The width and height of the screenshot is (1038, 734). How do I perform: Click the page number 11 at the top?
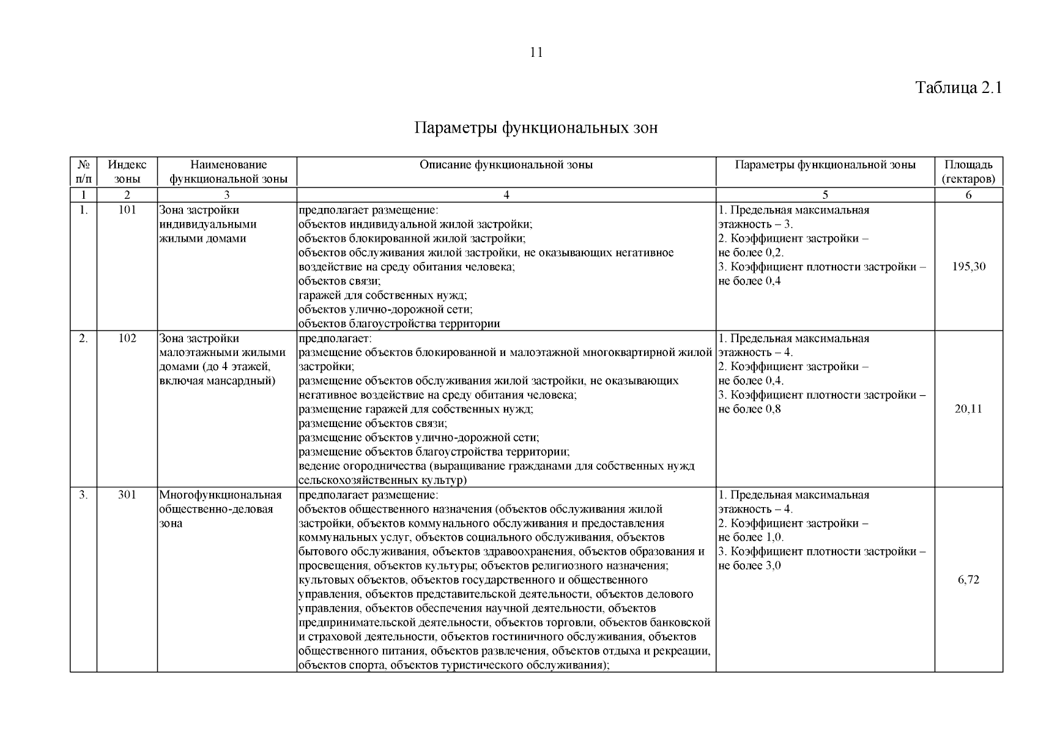pyautogui.click(x=536, y=53)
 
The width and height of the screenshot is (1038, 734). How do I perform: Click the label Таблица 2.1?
pyautogui.click(x=958, y=87)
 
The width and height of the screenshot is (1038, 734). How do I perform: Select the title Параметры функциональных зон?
pyautogui.click(x=536, y=128)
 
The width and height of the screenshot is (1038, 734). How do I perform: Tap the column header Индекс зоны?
pyautogui.click(x=127, y=172)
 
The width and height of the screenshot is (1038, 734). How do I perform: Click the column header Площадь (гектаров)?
pyautogui.click(x=968, y=172)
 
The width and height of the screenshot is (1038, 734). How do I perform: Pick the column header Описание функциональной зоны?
pyautogui.click(x=506, y=165)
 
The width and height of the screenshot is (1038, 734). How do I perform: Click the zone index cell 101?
pyautogui.click(x=127, y=210)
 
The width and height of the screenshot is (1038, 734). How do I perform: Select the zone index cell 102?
pyautogui.click(x=127, y=338)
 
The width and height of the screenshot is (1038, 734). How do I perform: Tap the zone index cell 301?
pyautogui.click(x=127, y=495)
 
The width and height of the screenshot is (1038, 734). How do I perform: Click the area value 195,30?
pyautogui.click(x=968, y=267)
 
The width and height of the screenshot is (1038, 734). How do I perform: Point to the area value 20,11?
pyautogui.click(x=968, y=409)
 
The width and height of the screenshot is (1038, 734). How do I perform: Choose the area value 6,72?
pyautogui.click(x=968, y=580)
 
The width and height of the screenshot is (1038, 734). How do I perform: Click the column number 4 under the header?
pyautogui.click(x=506, y=195)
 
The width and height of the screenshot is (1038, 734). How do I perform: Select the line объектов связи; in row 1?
pyautogui.click(x=339, y=281)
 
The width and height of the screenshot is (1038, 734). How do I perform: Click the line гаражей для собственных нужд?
pyautogui.click(x=383, y=295)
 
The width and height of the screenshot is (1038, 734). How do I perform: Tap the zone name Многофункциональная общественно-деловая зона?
pyautogui.click(x=220, y=509)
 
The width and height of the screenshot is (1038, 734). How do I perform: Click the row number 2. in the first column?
pyautogui.click(x=83, y=338)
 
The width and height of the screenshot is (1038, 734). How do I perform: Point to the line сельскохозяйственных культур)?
pyautogui.click(x=382, y=480)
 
